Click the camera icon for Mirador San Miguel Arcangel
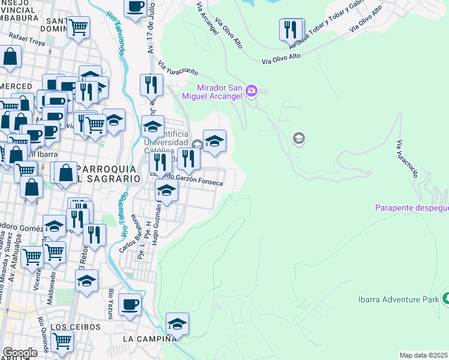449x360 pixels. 251,91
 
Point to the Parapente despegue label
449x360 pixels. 412,208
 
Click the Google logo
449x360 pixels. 19,352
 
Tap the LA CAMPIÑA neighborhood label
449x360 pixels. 149,339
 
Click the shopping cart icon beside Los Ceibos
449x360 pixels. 62,340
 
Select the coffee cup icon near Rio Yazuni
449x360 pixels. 130,304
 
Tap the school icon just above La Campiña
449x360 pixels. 177,324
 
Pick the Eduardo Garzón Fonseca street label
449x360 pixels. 193,182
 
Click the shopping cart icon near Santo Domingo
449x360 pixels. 78,26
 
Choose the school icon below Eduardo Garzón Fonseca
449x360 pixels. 167,191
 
